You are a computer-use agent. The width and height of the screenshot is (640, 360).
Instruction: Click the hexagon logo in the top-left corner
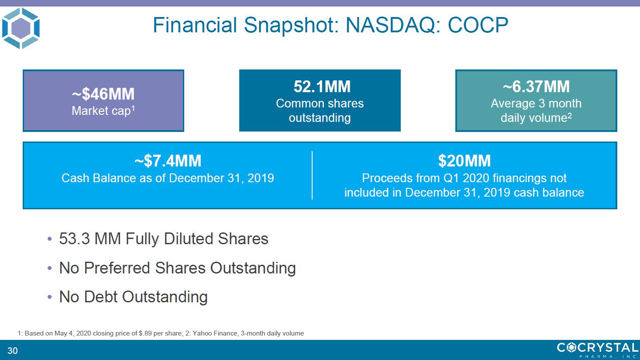[21, 28]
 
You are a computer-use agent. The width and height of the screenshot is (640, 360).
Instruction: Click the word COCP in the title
[478, 25]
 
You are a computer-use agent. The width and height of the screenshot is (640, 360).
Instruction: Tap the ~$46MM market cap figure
[103, 94]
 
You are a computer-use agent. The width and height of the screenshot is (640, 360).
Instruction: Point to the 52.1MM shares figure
[322, 87]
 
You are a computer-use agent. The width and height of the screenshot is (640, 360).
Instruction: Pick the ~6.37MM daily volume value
[536, 87]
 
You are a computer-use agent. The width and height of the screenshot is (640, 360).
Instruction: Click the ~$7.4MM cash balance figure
[168, 160]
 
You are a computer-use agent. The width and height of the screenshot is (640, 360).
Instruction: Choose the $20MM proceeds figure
[465, 160]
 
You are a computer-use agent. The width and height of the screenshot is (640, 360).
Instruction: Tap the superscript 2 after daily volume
[569, 115]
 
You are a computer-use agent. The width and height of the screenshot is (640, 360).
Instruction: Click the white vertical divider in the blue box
[312, 175]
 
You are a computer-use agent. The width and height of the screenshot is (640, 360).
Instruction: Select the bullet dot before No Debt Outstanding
[50, 297]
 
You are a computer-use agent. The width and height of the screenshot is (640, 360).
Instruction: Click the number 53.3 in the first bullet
[74, 239]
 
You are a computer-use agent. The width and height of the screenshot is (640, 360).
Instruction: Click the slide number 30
[13, 350]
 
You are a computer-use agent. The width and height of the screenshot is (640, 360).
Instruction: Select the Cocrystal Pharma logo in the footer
[598, 350]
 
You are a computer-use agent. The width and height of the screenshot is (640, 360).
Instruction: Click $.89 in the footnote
[145, 333]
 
